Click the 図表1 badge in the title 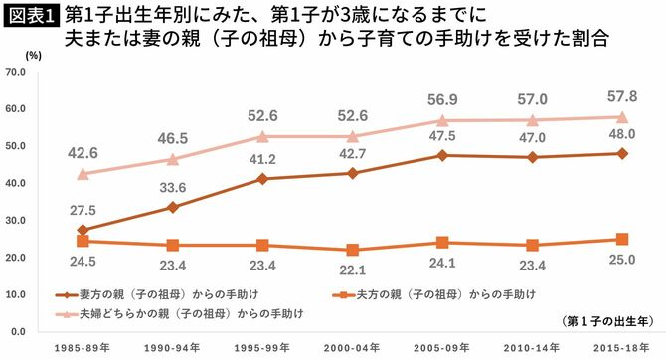click(31, 19)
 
